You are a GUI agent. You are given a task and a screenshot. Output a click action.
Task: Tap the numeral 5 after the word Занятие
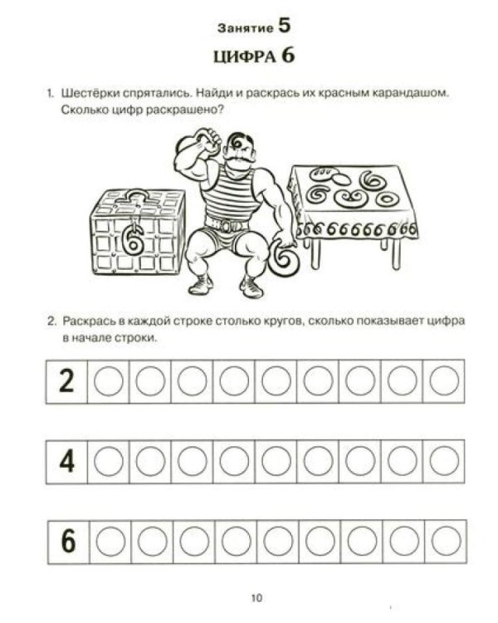(284, 25)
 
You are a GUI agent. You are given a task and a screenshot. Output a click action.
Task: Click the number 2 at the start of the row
(67, 381)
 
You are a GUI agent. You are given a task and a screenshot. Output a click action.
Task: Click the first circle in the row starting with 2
(109, 381)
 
